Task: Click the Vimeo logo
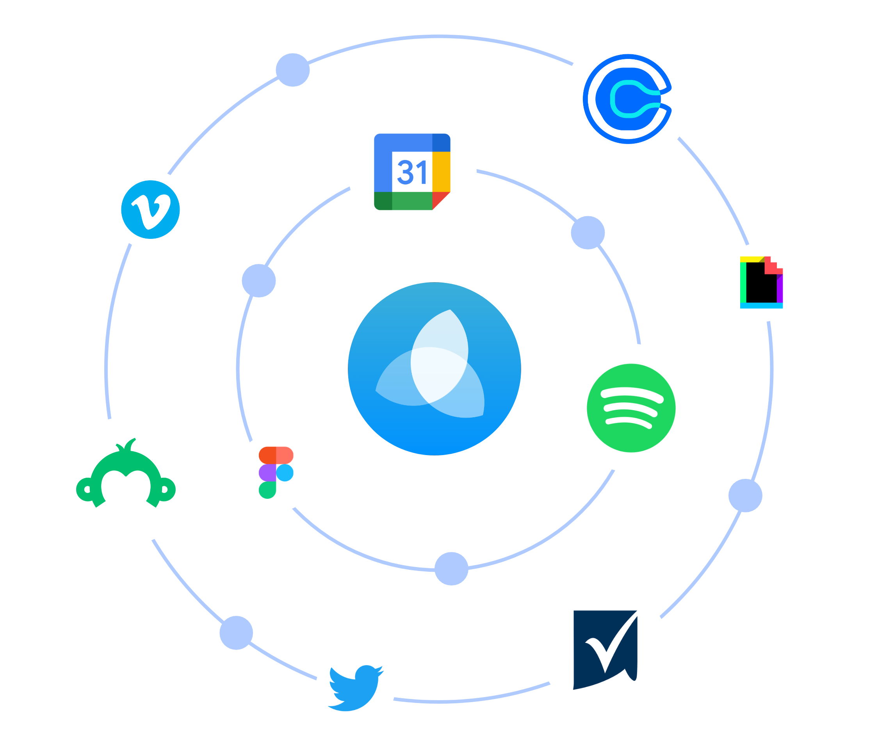coord(150,210)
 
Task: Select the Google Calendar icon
coord(412,171)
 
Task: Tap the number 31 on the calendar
coord(412,172)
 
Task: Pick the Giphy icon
coord(761,282)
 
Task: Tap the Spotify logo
coord(631,407)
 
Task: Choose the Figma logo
coord(276,473)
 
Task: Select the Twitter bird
coord(355,688)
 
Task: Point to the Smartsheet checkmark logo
coord(605,650)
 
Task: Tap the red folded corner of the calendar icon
coord(440,200)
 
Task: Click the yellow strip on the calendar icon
coord(441,171)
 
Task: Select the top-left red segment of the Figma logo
coord(267,455)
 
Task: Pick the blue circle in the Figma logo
coord(284,473)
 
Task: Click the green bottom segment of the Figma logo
coord(267,490)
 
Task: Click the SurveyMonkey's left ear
coord(86,489)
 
